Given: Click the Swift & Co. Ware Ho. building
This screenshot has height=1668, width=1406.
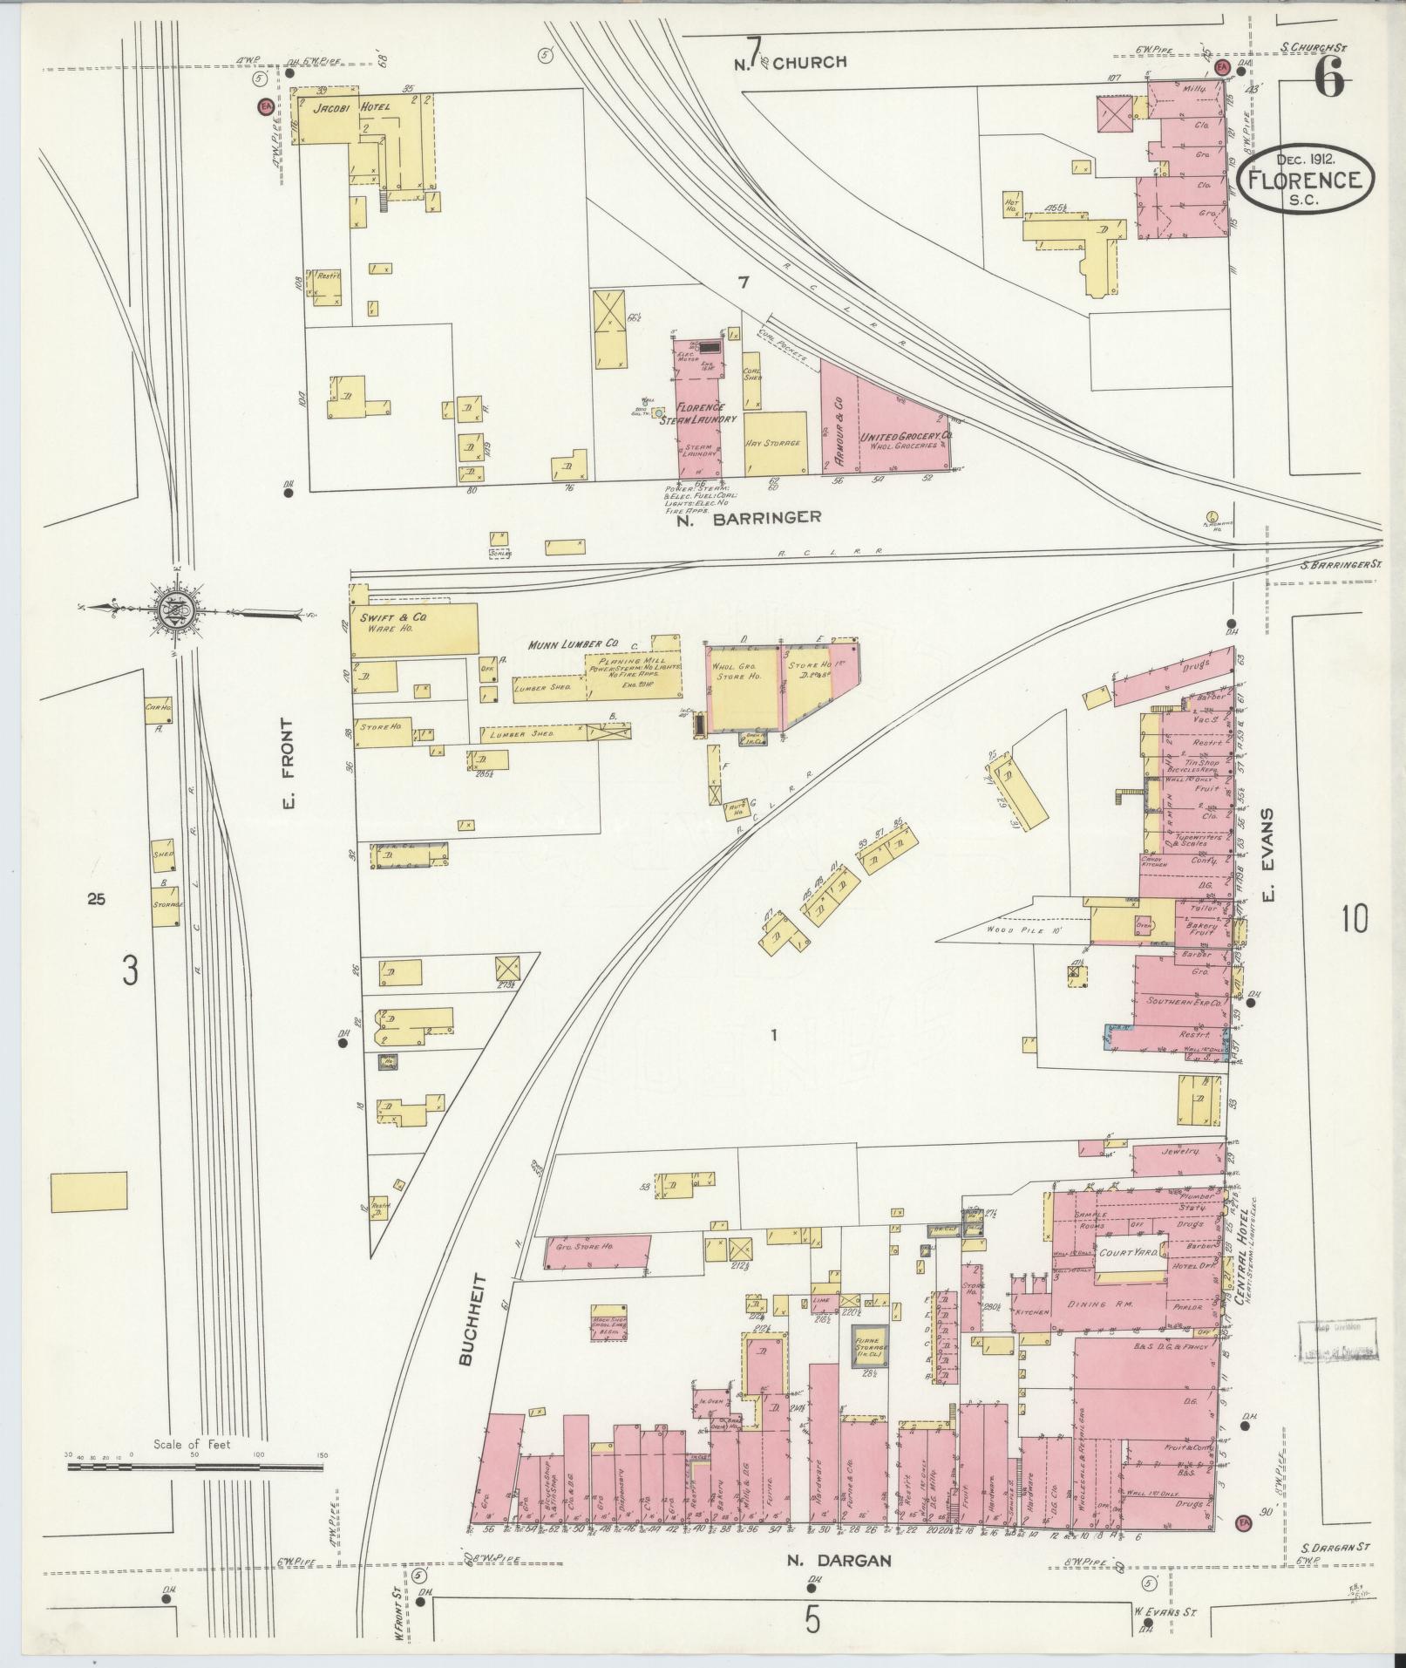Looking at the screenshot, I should click(x=414, y=630).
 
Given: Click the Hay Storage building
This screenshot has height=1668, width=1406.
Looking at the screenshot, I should click(x=775, y=443).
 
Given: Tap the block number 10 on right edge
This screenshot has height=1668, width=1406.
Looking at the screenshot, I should click(x=1355, y=918).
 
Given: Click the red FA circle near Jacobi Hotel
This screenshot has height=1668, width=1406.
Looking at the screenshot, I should click(x=265, y=106).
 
